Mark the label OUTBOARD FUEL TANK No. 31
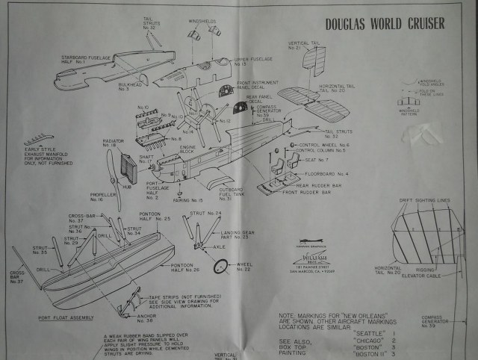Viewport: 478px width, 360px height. (x=235, y=195)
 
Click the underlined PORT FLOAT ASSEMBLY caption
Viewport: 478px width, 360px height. (x=70, y=317)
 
